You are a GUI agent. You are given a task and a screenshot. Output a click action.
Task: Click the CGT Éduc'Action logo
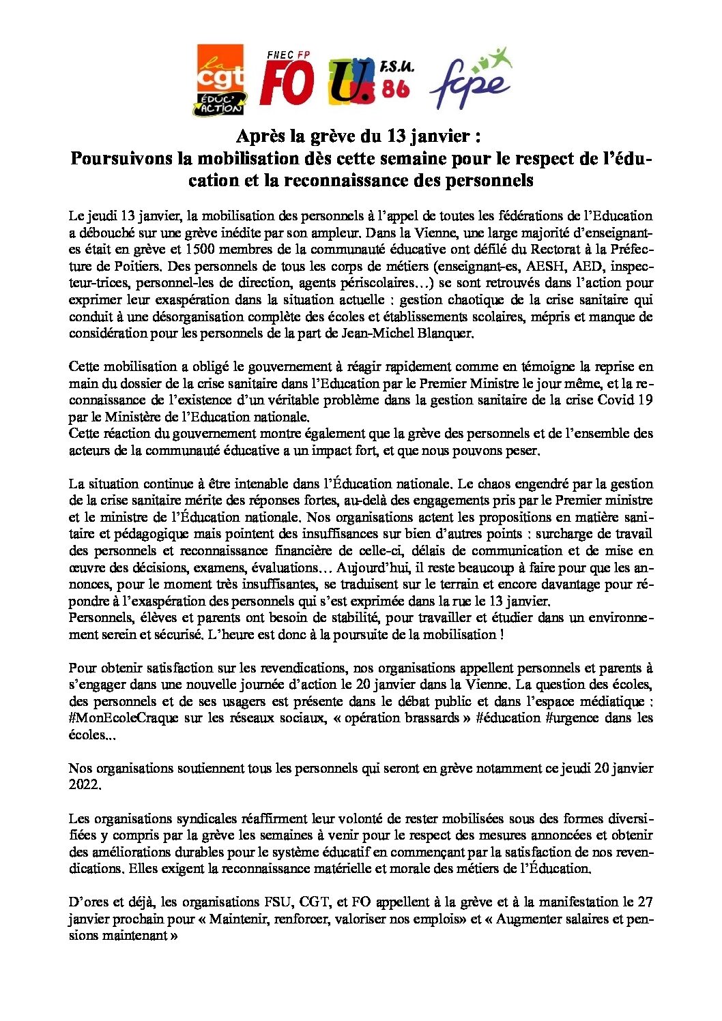[x=220, y=80]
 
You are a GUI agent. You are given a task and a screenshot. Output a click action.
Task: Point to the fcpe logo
[x=470, y=78]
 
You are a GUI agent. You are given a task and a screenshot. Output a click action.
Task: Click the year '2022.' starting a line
[x=85, y=785]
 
